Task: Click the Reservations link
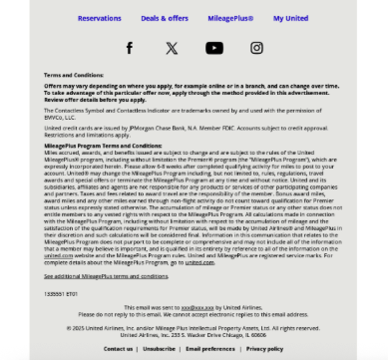coord(99,18)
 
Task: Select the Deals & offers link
coord(165,18)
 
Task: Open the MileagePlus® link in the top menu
coord(231,18)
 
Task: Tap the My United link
coord(290,18)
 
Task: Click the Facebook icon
coord(129,48)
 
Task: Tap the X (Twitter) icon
coord(172,48)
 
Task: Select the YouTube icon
coord(214,48)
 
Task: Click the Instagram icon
coord(256,48)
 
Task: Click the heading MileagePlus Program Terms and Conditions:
coord(104,145)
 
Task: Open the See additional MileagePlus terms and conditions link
coord(106,275)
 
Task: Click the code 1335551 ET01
coord(61,294)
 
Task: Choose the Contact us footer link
coord(118,349)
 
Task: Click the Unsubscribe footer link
coord(158,349)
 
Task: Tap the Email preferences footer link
coord(210,349)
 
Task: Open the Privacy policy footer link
coord(264,349)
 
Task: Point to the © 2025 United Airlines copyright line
coord(194,327)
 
